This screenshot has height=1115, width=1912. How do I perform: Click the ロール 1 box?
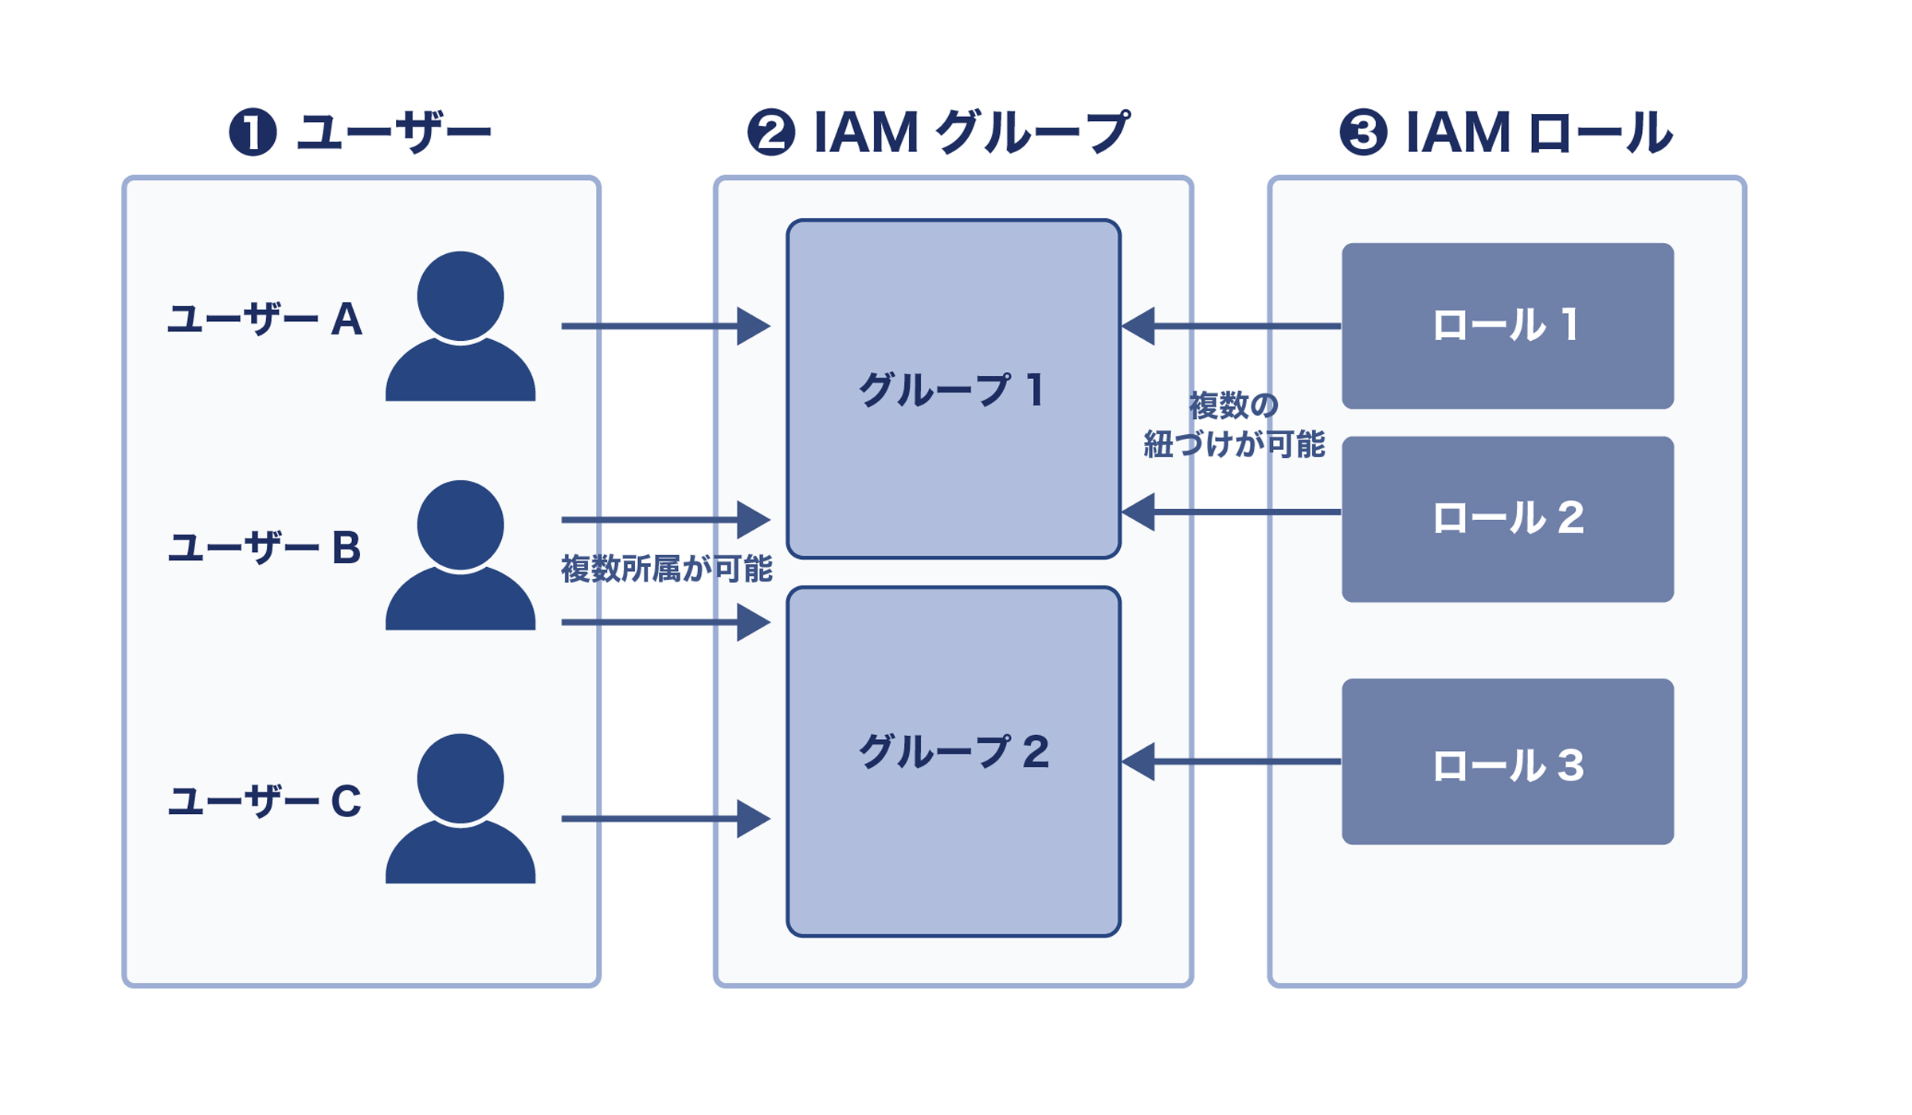[1507, 326]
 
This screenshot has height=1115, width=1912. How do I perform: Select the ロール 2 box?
[1507, 518]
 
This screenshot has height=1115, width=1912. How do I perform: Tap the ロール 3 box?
[1507, 762]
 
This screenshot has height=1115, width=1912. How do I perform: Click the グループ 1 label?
[952, 390]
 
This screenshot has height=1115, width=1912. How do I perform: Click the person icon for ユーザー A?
[460, 327]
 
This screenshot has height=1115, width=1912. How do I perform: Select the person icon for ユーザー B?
[460, 555]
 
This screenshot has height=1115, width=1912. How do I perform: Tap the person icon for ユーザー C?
[460, 808]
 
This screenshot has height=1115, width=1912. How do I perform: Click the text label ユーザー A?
[264, 320]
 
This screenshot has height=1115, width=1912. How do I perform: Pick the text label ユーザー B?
[264, 549]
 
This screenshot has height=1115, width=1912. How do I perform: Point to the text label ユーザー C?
[264, 801]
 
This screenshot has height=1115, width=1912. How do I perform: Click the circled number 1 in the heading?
[253, 132]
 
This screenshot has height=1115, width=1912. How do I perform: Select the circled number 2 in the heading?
[770, 132]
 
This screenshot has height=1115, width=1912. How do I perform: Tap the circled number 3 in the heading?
[1363, 132]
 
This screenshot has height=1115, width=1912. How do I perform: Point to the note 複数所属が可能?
[666, 569]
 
